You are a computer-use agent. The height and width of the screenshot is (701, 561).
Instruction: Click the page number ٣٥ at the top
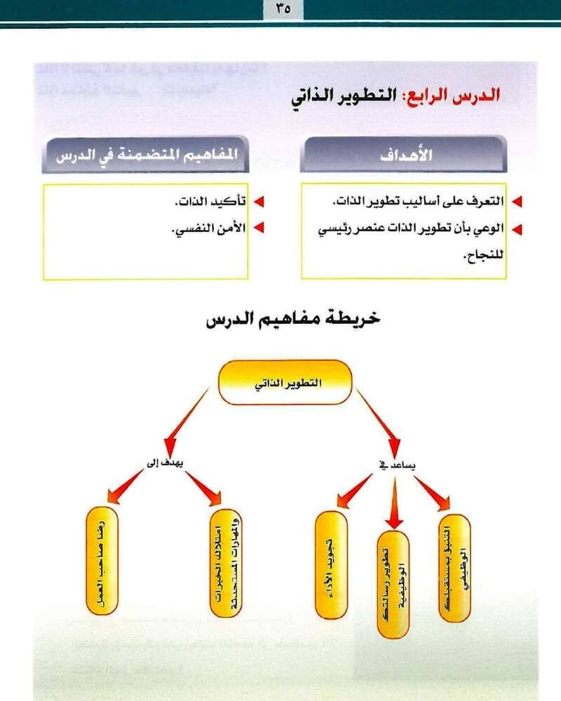(x=280, y=9)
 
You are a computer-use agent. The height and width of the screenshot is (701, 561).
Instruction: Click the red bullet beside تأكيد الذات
(x=259, y=203)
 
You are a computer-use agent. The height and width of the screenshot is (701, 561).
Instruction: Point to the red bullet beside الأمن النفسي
(x=259, y=229)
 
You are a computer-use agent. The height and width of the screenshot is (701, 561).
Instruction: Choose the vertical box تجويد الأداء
(x=331, y=565)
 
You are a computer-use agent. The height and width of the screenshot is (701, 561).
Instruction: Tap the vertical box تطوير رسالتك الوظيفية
(x=393, y=585)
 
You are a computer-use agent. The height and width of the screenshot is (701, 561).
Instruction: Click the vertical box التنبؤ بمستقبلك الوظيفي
(x=454, y=568)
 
